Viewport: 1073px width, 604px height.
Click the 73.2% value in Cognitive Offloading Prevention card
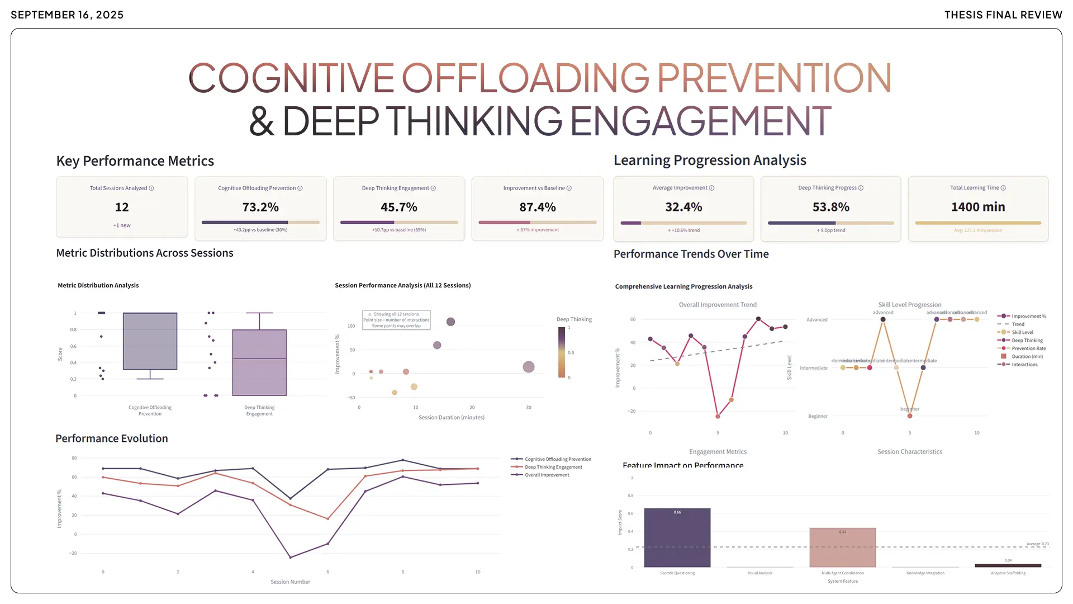260,207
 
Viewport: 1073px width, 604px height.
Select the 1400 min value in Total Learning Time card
977,207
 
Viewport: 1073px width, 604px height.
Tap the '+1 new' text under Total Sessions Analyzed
122,225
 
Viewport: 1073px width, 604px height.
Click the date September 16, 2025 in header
67,15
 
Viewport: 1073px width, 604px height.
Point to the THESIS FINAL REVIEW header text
1003,15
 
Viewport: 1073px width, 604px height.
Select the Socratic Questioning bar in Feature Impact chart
677,537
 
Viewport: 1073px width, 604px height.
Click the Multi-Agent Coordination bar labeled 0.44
842,548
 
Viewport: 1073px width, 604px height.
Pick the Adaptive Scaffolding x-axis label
1008,573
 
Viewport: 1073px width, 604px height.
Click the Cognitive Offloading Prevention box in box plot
150,341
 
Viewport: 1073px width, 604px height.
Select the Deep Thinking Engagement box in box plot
259,362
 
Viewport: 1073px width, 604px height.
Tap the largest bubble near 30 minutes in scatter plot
528,367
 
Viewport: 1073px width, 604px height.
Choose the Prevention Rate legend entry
1028,348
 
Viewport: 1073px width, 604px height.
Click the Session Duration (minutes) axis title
451,418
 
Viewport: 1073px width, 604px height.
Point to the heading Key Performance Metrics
135,161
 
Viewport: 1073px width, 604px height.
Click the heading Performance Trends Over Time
691,254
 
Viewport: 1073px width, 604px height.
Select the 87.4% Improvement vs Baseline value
537,207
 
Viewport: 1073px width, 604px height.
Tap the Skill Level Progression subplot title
909,305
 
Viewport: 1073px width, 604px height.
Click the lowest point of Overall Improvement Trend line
718,416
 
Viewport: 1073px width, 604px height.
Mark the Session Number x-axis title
290,582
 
